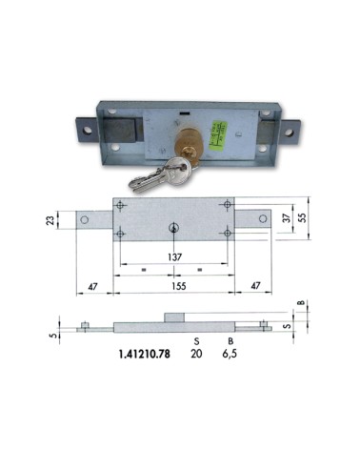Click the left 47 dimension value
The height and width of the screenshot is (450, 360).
point(92,285)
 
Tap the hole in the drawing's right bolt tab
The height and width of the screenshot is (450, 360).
point(259,218)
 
